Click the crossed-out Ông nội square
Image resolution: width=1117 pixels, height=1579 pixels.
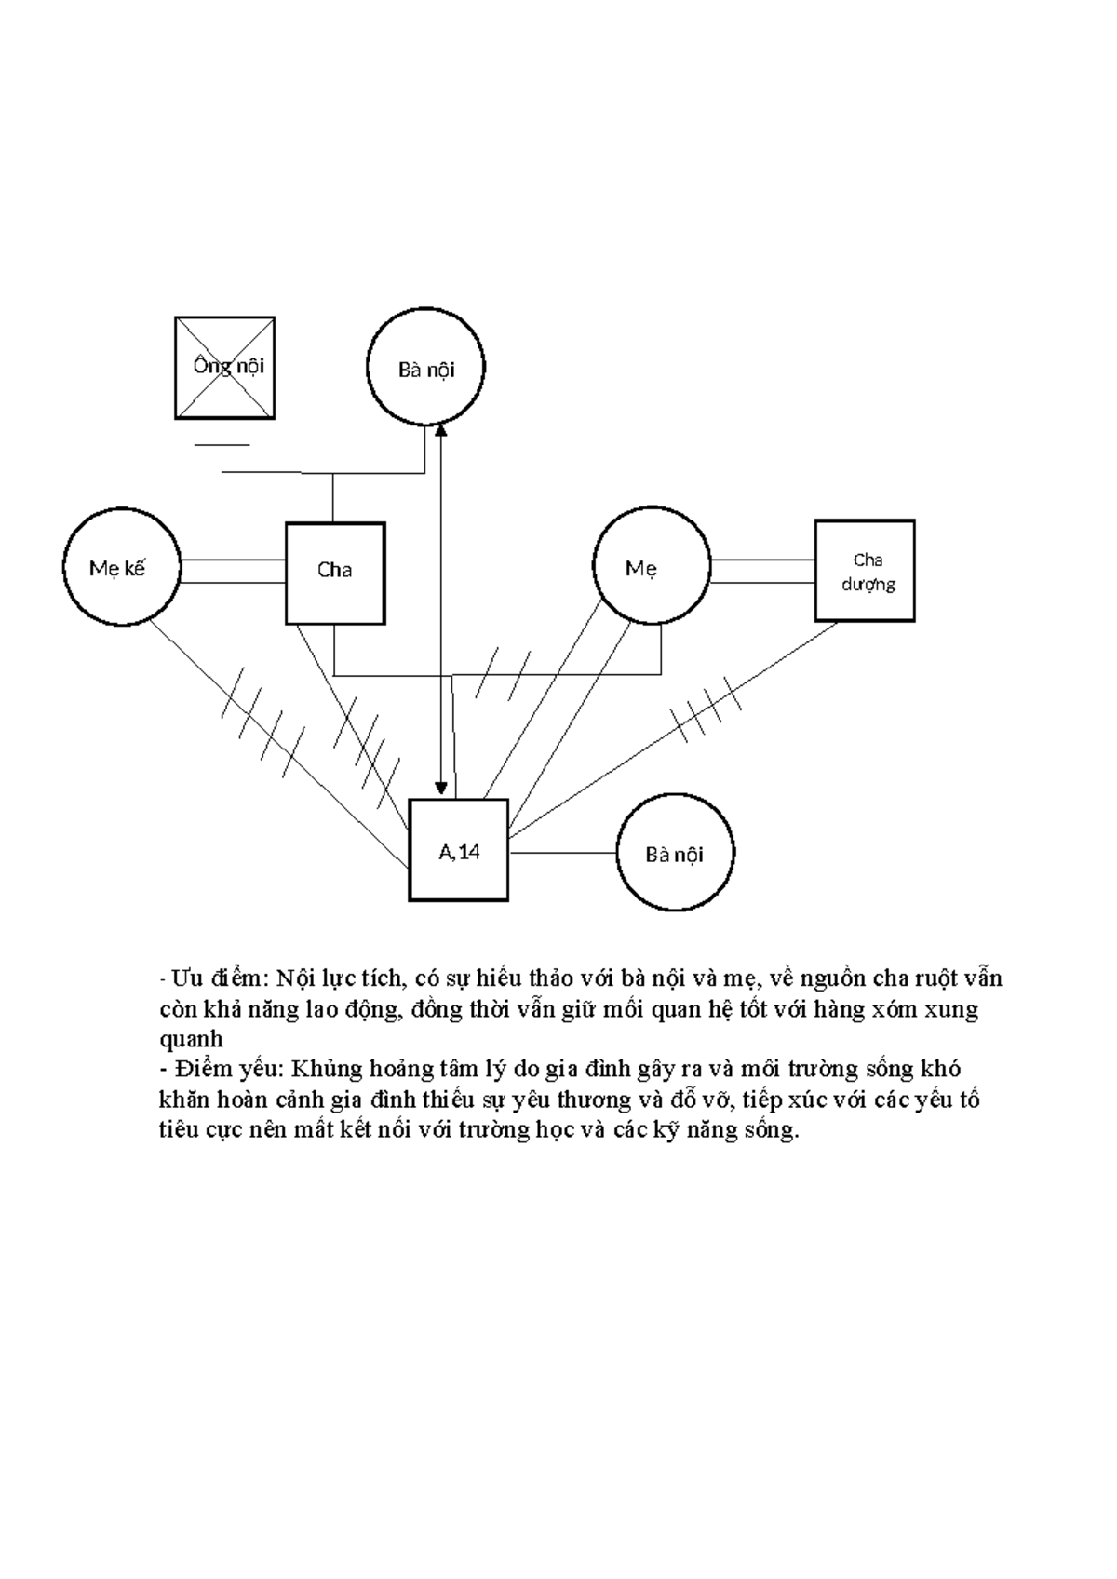point(224,367)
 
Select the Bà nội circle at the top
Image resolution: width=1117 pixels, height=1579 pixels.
point(426,369)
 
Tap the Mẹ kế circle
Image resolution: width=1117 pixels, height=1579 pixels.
point(121,567)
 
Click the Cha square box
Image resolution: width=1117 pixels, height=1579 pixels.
point(334,572)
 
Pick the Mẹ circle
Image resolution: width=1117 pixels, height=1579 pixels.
point(652,567)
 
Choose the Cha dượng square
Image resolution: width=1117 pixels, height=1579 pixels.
point(865,570)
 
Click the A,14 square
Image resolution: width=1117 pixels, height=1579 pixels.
point(458,849)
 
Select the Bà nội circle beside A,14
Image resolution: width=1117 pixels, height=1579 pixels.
point(675,853)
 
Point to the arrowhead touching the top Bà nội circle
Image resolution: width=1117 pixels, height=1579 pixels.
point(440,431)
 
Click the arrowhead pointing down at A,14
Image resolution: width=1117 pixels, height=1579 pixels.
point(440,789)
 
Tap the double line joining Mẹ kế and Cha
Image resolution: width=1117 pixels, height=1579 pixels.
point(232,572)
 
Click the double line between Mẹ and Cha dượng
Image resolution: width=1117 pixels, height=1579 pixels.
point(762,571)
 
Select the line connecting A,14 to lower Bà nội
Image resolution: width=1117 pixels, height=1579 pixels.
point(563,852)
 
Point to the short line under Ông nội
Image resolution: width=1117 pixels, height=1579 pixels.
point(222,445)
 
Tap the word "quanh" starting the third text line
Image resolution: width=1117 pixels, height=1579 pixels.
point(192,1040)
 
